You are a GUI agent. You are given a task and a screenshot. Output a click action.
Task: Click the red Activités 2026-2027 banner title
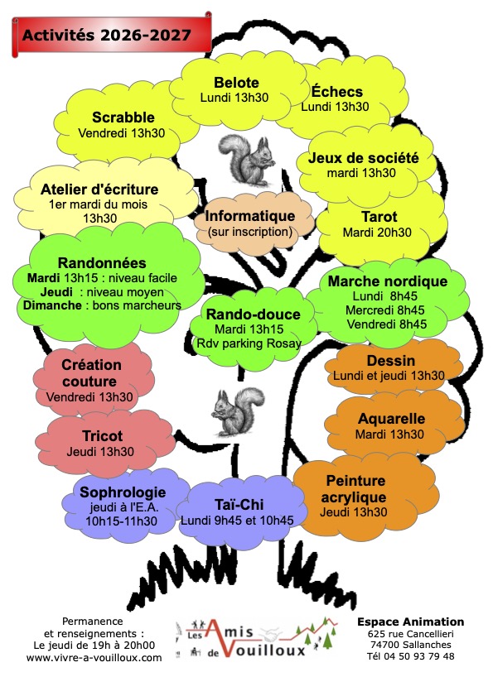point(107,35)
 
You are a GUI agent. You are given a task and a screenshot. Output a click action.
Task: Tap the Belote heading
point(236,83)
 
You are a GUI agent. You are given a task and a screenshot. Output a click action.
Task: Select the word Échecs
point(337,91)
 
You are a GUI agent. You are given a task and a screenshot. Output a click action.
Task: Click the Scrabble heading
point(123,118)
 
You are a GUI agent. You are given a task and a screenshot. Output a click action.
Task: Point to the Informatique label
point(250,216)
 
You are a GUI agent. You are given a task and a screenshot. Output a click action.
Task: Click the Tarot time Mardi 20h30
point(377,233)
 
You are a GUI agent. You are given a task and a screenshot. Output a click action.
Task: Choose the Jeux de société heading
point(364,157)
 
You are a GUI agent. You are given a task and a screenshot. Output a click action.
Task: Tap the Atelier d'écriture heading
point(99,190)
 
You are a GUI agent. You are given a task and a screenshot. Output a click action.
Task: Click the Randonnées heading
point(102,263)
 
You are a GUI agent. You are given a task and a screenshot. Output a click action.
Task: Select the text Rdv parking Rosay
point(249,343)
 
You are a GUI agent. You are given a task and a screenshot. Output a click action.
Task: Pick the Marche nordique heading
point(388,281)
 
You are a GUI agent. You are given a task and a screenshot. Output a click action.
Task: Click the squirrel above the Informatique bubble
point(245,160)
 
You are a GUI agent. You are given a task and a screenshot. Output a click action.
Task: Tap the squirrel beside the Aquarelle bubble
point(237,412)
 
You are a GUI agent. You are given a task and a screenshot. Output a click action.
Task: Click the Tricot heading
point(102,436)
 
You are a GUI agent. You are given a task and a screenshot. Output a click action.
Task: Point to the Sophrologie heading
point(123,492)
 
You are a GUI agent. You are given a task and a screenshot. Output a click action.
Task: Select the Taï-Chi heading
point(239,504)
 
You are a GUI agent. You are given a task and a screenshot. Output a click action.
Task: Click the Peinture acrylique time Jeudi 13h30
point(354,512)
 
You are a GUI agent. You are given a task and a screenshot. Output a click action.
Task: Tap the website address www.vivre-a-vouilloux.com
point(94,658)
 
